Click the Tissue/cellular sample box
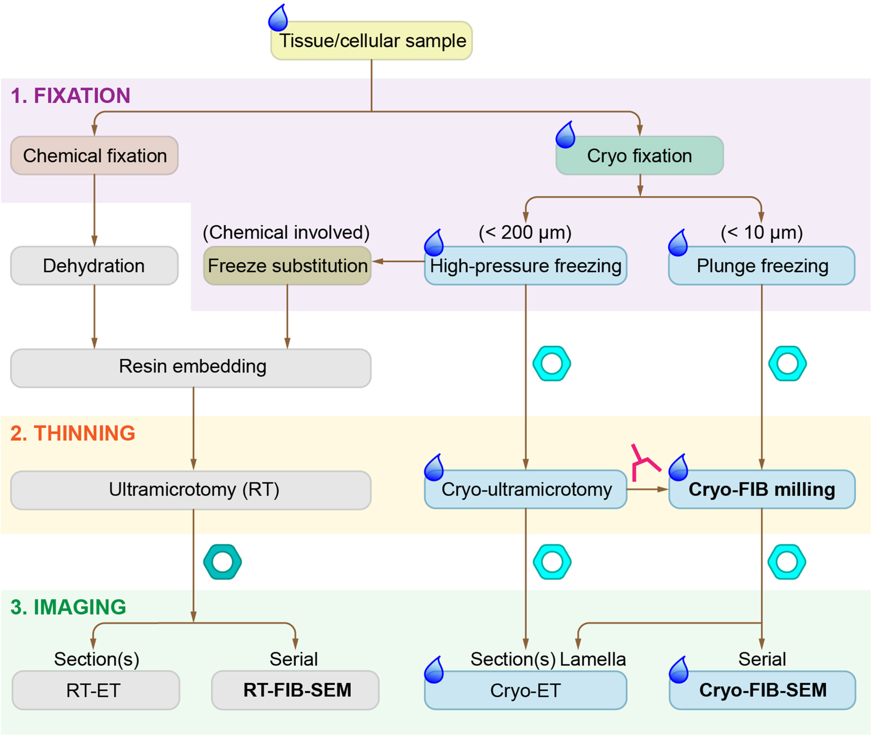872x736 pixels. [x=371, y=41]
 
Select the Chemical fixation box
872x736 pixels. [x=94, y=156]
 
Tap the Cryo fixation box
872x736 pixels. [x=639, y=156]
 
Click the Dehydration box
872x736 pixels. [x=94, y=266]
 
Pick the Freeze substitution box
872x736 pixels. [x=287, y=266]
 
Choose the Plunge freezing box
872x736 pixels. [x=762, y=266]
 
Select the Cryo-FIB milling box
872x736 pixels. [x=762, y=490]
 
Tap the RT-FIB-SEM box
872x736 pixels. [x=295, y=690]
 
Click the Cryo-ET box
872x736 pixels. [x=525, y=690]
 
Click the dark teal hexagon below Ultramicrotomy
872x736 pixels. [x=223, y=562]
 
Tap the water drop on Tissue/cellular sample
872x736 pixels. [x=278, y=19]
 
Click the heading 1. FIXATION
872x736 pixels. [x=70, y=95]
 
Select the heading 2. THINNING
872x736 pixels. [x=72, y=433]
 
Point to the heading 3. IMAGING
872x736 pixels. [x=68, y=607]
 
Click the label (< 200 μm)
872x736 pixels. [x=525, y=232]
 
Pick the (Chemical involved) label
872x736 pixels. [x=286, y=232]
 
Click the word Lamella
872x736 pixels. [x=592, y=659]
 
